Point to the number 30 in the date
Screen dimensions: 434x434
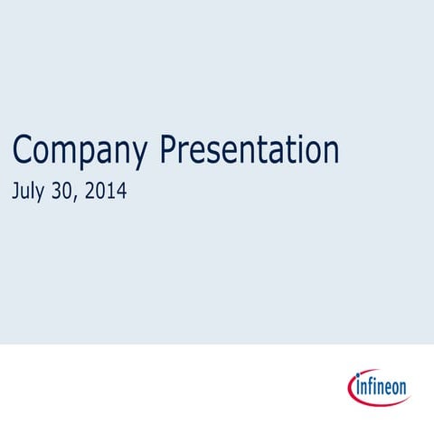point(70,191)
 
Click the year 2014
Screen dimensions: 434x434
point(108,191)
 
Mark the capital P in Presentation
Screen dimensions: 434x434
point(169,148)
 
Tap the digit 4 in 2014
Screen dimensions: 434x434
point(121,191)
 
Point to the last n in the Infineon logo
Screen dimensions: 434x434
point(402,390)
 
